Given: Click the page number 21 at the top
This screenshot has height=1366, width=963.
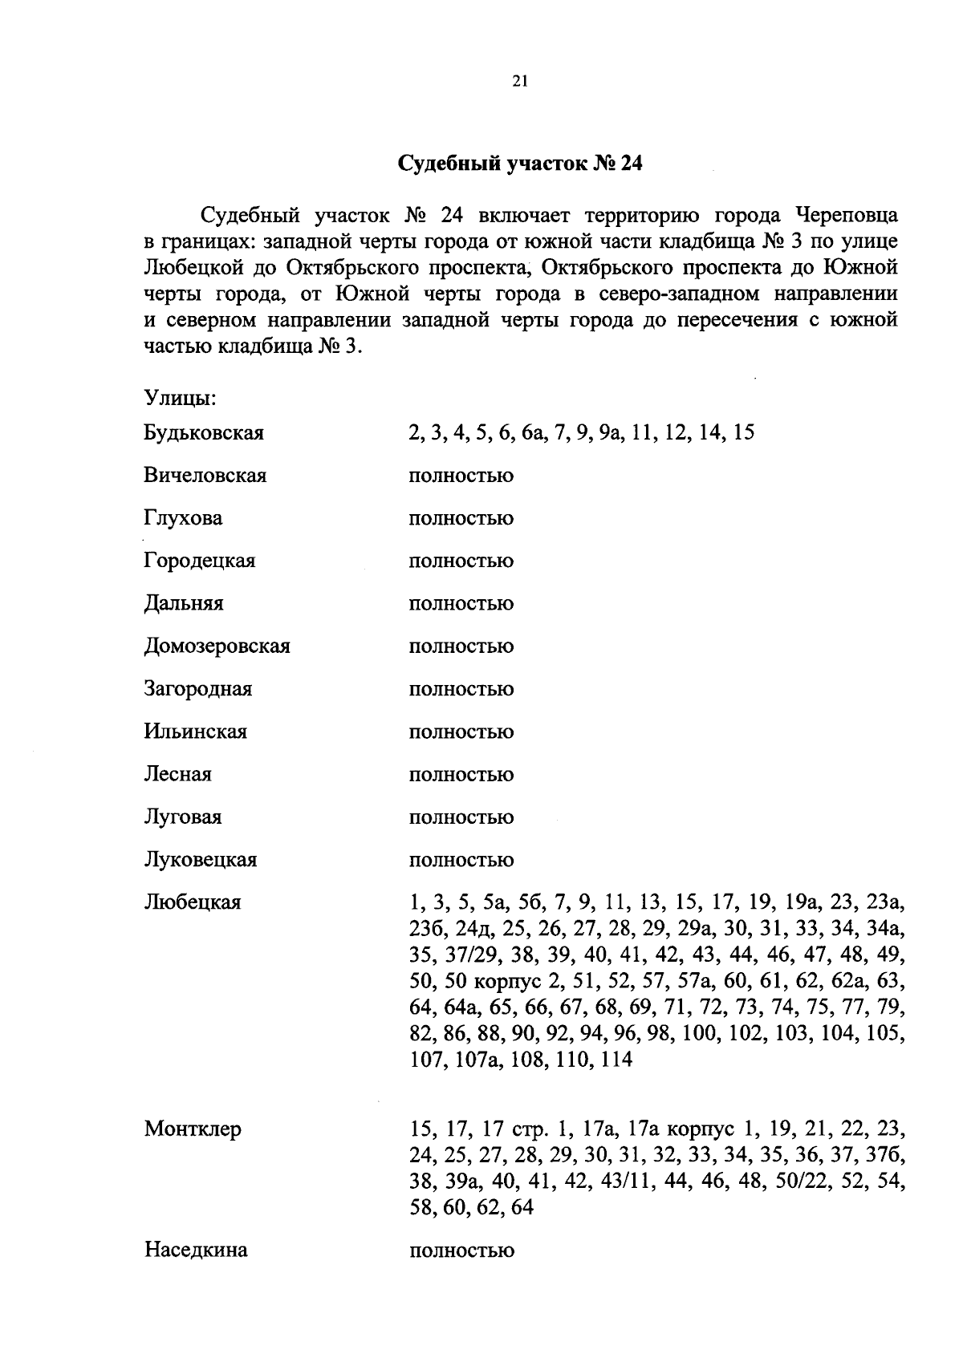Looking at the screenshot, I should click(519, 80).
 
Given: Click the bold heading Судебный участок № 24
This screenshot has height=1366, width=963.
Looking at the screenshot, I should click(521, 164).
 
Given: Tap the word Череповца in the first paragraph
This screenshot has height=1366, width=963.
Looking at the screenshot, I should click(847, 215).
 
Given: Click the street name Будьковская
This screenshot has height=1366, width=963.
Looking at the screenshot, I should click(204, 433).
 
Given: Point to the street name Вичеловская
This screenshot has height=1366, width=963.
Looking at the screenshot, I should click(205, 476).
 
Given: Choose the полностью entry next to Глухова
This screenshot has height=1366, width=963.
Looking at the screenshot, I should click(461, 518).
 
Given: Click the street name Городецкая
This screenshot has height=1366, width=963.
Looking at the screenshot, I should click(199, 561).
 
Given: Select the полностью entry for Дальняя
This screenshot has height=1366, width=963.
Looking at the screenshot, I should click(461, 603).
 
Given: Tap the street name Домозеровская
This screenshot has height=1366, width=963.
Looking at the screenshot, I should click(217, 646).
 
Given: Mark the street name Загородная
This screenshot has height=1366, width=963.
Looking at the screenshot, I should click(197, 688).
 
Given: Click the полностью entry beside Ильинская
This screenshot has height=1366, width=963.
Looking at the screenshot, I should click(461, 732).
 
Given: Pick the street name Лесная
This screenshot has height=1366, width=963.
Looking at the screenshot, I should click(177, 774).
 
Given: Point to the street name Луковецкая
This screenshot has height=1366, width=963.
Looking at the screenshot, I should click(200, 860).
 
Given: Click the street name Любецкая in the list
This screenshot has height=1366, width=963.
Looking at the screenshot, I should click(192, 902).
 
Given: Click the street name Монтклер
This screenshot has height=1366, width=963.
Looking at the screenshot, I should click(193, 1129).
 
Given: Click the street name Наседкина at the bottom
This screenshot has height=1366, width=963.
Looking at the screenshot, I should click(196, 1250).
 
